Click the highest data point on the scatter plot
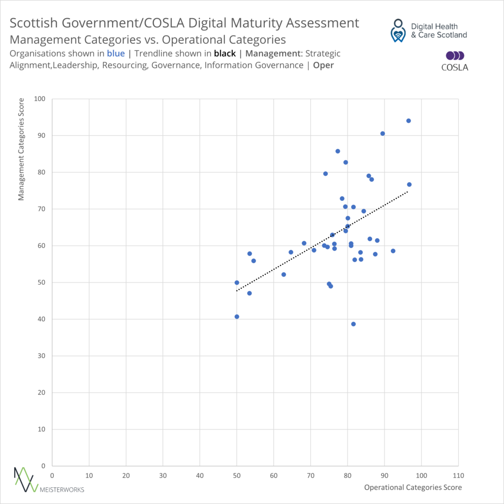click(x=408, y=121)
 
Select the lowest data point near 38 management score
click(x=353, y=324)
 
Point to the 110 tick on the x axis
click(x=458, y=475)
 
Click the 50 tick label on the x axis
click(x=237, y=475)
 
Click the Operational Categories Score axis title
click(x=413, y=487)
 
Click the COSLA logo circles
click(x=455, y=56)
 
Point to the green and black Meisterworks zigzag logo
click(x=26, y=479)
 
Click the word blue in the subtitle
click(x=116, y=54)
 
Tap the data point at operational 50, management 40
click(x=237, y=316)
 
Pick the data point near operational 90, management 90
click(x=382, y=133)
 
